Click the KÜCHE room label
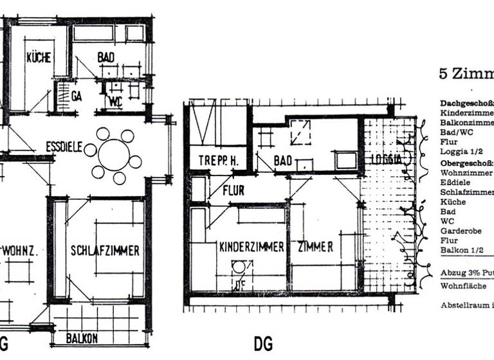coord(39,58)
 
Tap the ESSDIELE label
coord(64,147)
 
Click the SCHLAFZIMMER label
coord(105,251)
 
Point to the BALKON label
coord(82,338)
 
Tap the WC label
coord(116,101)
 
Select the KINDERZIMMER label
coord(252,247)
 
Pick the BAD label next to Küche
coord(106,57)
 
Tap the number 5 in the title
coord(443,73)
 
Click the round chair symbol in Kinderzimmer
coord(239,267)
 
